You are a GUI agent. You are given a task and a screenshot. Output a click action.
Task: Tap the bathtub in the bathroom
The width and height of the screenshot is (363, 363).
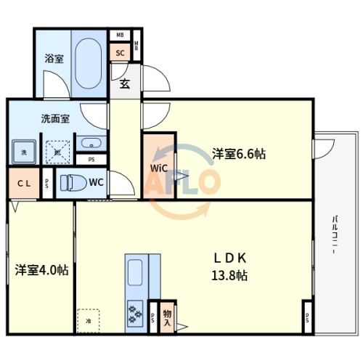point(89,62)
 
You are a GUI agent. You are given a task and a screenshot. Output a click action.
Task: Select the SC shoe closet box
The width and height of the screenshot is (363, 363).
point(120,52)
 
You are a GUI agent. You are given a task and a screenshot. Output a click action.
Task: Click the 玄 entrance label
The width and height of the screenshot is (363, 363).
point(124,83)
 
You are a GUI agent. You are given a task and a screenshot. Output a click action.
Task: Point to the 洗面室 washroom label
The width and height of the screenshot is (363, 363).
point(54,118)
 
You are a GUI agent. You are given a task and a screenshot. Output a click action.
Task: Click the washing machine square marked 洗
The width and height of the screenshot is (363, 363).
point(23,152)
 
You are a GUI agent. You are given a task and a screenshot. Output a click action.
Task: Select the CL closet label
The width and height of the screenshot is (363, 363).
point(24,184)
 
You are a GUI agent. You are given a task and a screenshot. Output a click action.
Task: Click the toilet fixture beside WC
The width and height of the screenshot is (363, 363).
point(72,182)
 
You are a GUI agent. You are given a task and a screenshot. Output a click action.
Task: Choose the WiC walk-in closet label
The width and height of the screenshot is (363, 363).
point(159,168)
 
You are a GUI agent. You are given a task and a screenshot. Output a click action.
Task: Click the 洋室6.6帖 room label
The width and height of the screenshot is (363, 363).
point(238,153)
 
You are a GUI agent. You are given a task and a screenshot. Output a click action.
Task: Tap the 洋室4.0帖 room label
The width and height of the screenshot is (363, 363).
point(41,270)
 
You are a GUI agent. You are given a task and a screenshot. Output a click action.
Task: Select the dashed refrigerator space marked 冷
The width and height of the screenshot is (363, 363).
point(88,320)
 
